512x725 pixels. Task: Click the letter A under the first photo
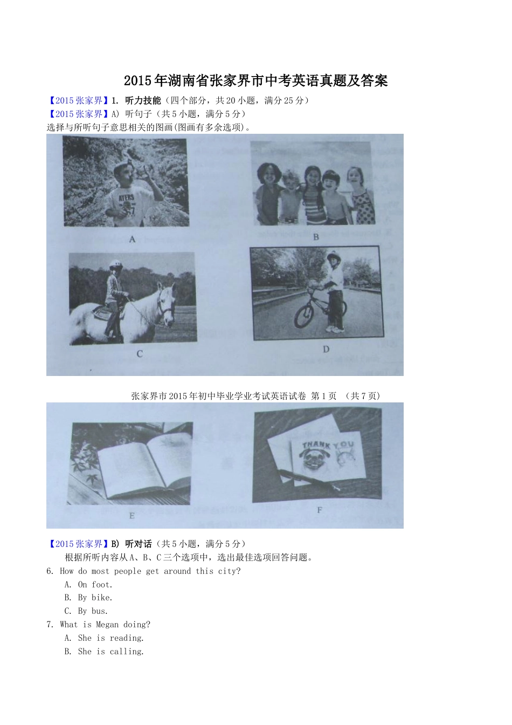tap(132, 239)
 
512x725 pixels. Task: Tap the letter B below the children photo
tap(316, 237)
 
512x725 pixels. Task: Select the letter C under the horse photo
tap(140, 354)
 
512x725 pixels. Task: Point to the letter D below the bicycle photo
tap(326, 349)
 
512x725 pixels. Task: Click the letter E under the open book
tap(132, 516)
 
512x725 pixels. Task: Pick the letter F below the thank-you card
tap(319, 510)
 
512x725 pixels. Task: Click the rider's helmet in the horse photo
tap(115, 263)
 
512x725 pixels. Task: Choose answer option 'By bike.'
tap(95, 598)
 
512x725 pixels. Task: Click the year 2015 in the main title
tap(138, 80)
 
